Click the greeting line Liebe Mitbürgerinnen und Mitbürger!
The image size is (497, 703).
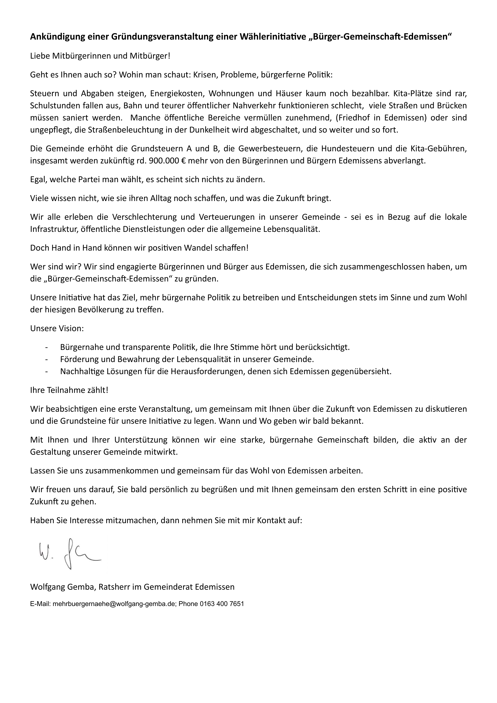[x=100, y=56]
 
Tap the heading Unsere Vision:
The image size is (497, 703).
[x=57, y=328]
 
